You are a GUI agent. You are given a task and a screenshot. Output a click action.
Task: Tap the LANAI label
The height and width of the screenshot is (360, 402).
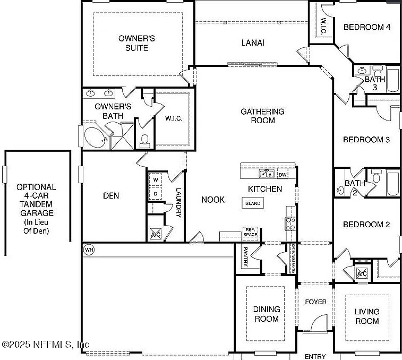(x=253, y=43)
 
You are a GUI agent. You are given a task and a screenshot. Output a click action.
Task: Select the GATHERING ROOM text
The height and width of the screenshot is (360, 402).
(x=262, y=116)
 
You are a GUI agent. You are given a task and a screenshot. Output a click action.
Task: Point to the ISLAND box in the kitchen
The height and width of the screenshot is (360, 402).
(x=252, y=203)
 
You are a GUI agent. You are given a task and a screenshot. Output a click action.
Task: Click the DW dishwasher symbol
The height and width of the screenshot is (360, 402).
(x=283, y=174)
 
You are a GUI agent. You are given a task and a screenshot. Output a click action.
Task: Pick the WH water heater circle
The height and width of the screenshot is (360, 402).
(x=88, y=249)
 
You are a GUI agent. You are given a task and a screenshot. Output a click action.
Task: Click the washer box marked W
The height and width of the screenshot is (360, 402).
(x=156, y=180)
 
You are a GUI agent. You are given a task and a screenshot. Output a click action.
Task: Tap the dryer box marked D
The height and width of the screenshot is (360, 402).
(x=156, y=194)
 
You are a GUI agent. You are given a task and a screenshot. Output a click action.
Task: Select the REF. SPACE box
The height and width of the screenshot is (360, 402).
(x=250, y=233)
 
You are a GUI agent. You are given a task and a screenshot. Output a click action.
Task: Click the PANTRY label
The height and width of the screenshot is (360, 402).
(x=246, y=256)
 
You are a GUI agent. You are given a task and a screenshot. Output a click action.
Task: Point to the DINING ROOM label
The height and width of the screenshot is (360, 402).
(x=266, y=314)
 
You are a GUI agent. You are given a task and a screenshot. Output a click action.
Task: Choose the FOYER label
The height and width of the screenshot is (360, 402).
(x=315, y=302)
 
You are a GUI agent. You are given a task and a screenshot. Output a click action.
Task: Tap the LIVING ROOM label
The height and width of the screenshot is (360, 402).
(x=367, y=316)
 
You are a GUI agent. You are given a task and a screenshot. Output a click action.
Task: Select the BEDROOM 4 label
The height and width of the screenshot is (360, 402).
(x=367, y=27)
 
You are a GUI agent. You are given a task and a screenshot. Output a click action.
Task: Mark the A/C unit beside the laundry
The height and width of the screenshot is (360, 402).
(x=156, y=234)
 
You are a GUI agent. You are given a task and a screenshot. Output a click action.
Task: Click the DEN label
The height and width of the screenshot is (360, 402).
(x=110, y=196)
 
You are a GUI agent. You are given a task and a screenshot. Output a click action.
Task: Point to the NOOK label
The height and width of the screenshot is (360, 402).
(x=213, y=200)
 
